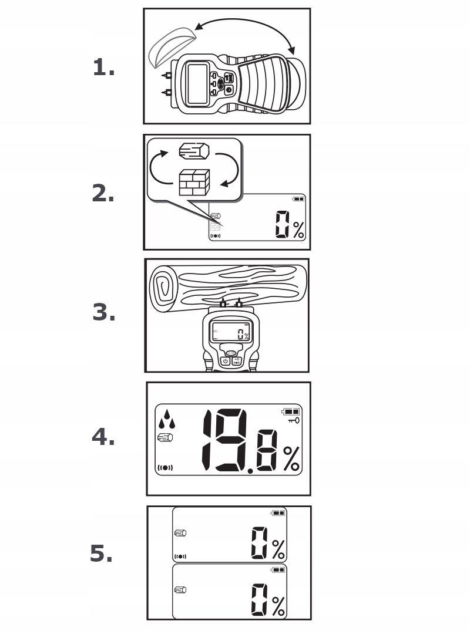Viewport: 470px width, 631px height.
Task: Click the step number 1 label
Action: coord(103,69)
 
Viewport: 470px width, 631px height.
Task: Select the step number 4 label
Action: coord(103,437)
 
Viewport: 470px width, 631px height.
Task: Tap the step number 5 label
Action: coord(101,554)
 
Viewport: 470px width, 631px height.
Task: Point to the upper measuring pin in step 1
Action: coord(167,75)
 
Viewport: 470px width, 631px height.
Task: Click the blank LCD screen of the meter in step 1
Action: coord(197,85)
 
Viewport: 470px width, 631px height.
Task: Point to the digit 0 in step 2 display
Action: coord(282,225)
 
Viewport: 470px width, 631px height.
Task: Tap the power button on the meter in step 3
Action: coord(225,361)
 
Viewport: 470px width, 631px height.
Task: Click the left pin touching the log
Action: coord(223,304)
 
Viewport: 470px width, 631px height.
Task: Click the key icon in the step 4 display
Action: coord(293,421)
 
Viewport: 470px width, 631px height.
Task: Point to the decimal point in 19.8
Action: coord(250,471)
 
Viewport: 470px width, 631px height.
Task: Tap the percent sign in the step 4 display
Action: coord(291,458)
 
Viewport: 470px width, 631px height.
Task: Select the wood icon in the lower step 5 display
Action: coord(180,589)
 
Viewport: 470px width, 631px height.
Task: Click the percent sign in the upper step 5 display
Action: coord(278,549)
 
